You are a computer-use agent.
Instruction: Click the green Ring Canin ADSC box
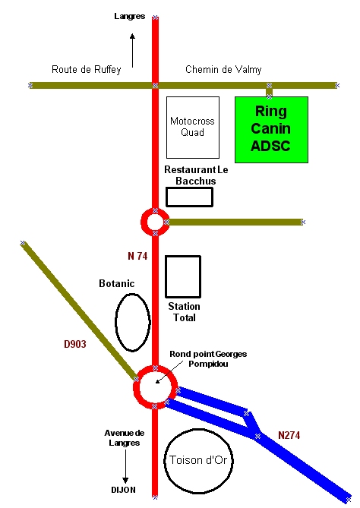(x=271, y=130)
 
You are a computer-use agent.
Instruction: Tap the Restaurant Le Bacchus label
(x=196, y=175)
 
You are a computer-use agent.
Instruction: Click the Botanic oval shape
(x=115, y=323)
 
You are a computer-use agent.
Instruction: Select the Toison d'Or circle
(x=164, y=461)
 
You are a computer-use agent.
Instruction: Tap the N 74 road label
(x=137, y=256)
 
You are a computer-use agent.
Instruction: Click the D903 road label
(x=75, y=344)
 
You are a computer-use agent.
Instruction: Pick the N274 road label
(x=289, y=435)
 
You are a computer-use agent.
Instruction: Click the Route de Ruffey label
(x=86, y=69)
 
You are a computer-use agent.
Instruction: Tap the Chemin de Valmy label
(x=223, y=69)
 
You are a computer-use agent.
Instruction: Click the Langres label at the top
(x=130, y=16)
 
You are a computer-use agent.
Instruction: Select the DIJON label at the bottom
(x=124, y=490)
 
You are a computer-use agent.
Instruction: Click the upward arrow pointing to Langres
(x=132, y=50)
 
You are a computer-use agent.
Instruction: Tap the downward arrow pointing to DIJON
(x=125, y=466)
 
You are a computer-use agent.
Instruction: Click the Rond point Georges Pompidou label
(x=208, y=359)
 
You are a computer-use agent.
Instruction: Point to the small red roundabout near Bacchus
(x=142, y=222)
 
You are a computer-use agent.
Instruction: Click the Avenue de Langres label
(x=125, y=437)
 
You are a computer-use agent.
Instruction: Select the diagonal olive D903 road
(x=80, y=311)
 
